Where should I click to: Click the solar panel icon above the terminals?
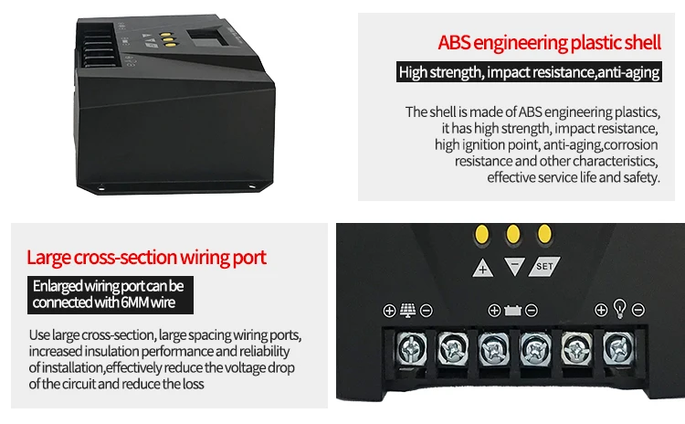407,310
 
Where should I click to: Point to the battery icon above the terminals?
512,311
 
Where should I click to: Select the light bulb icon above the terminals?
619,309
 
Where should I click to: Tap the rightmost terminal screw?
617,347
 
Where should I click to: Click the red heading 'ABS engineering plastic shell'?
548,42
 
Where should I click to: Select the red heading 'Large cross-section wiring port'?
146,257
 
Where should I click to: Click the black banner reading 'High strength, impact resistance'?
528,72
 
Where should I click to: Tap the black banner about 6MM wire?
109,294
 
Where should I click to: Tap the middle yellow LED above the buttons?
512,234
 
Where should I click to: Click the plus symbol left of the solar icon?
389,311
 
